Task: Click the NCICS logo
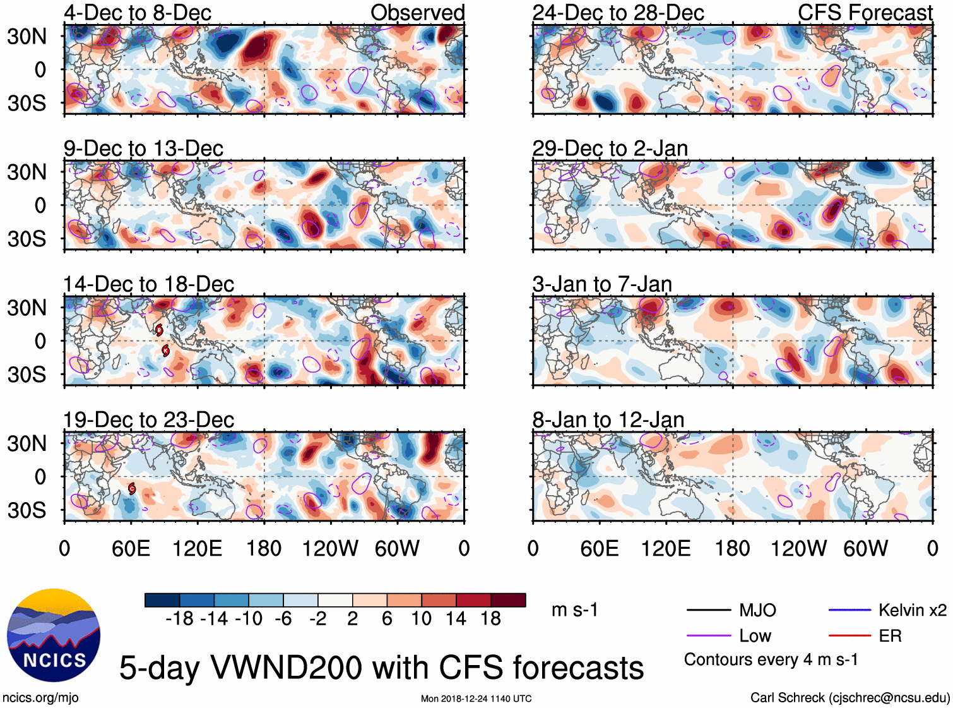[x=54, y=635]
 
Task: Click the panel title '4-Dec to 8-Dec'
[x=138, y=13]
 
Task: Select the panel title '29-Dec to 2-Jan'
[x=610, y=149]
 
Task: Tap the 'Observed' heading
[x=417, y=13]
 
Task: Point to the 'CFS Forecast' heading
[x=865, y=13]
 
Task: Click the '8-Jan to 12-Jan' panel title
[x=608, y=420]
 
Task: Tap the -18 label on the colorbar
[x=179, y=619]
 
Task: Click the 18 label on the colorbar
[x=490, y=619]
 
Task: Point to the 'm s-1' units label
[x=574, y=610]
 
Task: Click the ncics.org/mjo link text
[x=40, y=698]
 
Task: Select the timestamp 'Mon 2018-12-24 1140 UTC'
[x=476, y=699]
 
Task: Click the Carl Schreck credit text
[x=849, y=698]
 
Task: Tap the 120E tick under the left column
[x=198, y=548]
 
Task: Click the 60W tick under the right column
[x=865, y=548]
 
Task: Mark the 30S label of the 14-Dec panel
[x=27, y=375]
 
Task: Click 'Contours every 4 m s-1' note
[x=771, y=660]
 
